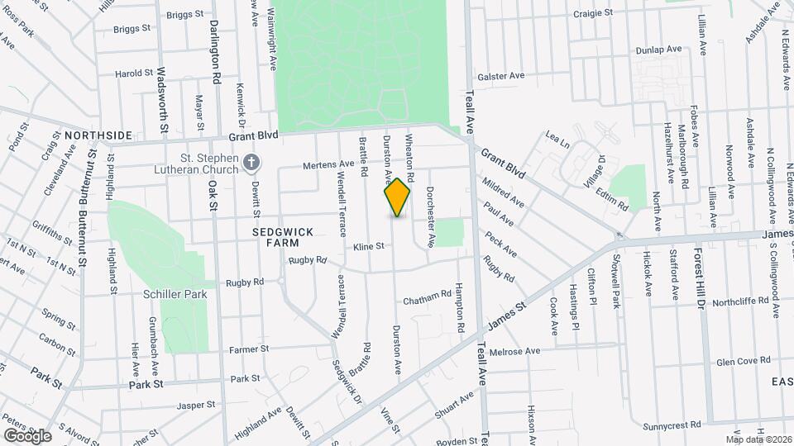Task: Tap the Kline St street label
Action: coord(369,246)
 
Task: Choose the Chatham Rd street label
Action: coord(428,293)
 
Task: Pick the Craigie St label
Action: coord(595,14)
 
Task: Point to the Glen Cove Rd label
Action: coord(743,361)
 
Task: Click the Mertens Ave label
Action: coord(311,164)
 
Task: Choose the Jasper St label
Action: coord(195,406)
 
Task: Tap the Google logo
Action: coord(28,434)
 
